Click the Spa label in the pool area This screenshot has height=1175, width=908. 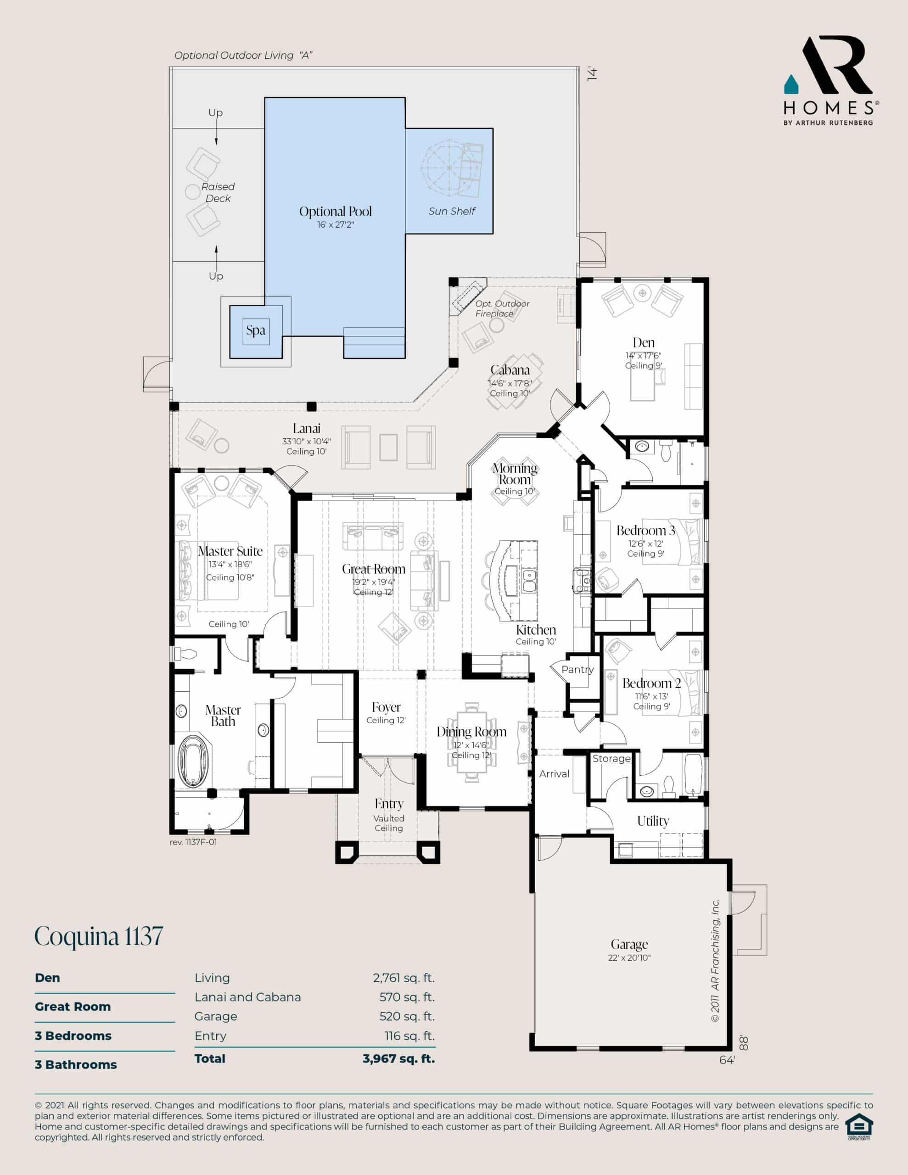[x=256, y=330]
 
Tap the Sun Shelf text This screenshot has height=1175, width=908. [x=452, y=212]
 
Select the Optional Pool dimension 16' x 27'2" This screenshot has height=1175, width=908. [x=335, y=225]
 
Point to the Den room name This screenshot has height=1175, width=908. [x=643, y=343]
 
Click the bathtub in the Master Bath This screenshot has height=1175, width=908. [x=193, y=761]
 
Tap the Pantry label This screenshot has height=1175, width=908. [x=577, y=669]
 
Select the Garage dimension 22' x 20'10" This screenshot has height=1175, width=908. [x=629, y=957]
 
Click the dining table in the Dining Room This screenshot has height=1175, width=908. [x=471, y=741]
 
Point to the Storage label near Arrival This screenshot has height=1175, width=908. [x=611, y=759]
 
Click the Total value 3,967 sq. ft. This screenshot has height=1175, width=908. [x=398, y=1059]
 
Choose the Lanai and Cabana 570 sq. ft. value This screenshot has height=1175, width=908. [x=406, y=997]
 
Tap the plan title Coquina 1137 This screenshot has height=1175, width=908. [x=99, y=937]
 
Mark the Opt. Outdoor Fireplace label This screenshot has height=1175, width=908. [x=502, y=308]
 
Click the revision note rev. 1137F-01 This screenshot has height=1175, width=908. [x=193, y=842]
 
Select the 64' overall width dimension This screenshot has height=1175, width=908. [x=727, y=1060]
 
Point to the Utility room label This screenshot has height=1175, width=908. [x=653, y=821]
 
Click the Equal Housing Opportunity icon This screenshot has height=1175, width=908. [x=858, y=1127]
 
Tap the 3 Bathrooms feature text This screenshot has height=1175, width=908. [x=76, y=1065]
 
